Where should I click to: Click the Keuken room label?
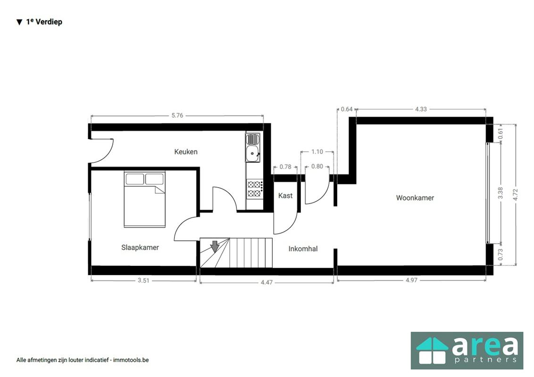186,152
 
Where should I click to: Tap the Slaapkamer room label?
140,247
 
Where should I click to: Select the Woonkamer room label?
415,198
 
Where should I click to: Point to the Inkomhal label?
303,249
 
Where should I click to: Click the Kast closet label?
285,196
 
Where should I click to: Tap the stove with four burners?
255,189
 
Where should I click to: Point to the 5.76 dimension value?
177,115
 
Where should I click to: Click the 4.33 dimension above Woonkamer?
421,109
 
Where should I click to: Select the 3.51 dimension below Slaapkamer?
143,280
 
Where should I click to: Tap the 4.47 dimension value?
267,282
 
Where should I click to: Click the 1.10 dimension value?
317,152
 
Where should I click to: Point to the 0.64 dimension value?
347,109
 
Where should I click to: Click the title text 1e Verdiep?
44,22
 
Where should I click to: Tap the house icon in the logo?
431,352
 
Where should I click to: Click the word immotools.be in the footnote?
131,360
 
